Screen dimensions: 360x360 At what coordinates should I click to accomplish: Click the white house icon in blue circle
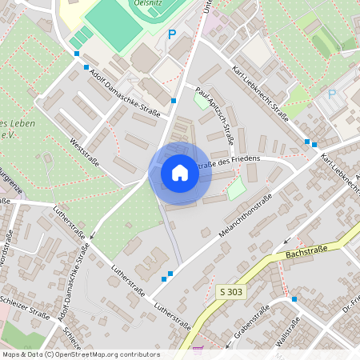coord(180,173)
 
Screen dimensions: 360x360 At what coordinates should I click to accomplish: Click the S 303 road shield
coord(232,293)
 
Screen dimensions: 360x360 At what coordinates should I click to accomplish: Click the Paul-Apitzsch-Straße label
coord(215,117)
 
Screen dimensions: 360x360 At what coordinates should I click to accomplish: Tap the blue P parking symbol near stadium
coord(171,34)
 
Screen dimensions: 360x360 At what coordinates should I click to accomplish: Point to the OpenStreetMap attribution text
coord(81,354)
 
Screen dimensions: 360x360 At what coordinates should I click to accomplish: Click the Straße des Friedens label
coord(232,160)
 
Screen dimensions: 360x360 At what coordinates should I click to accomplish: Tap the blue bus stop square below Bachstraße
coord(294,298)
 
